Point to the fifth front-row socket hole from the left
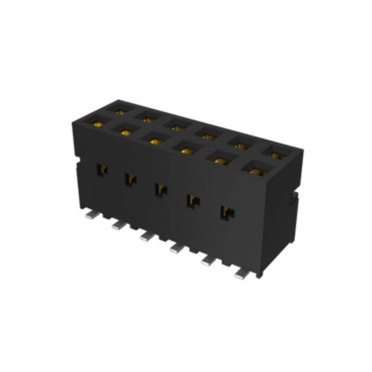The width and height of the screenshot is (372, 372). point(222,160)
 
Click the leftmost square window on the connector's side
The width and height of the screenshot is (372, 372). point(102,170)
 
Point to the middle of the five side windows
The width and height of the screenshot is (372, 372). point(161,190)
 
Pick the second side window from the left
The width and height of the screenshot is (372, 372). point(130,180)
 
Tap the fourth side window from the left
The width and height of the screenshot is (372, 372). point(193,201)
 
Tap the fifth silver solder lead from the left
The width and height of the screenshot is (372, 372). point(207,262)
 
